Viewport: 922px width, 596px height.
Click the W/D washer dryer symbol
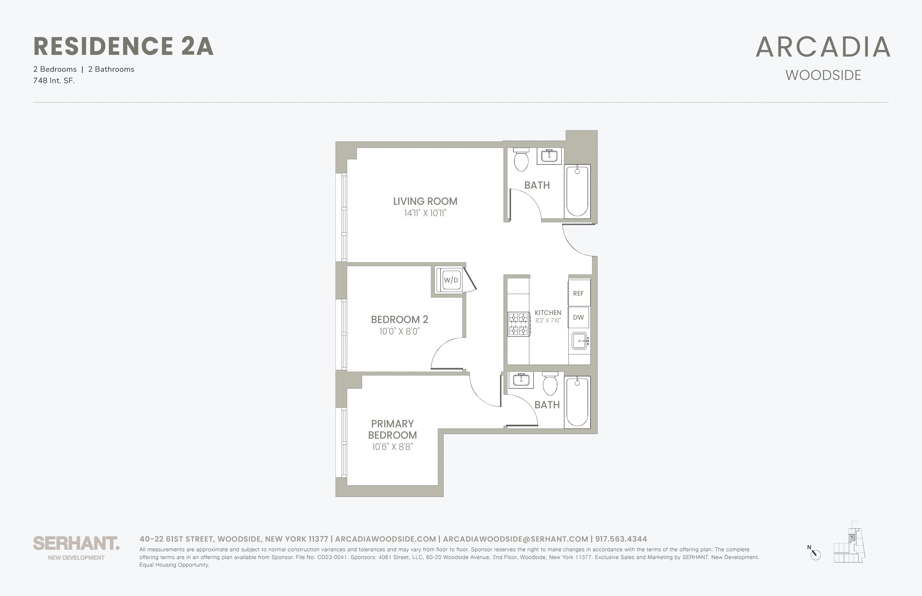point(451,280)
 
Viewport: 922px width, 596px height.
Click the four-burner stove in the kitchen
point(518,324)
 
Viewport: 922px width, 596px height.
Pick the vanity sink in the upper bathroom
point(549,156)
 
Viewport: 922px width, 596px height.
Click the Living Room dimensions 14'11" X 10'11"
point(425,213)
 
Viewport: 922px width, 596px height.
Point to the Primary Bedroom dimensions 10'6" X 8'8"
point(392,447)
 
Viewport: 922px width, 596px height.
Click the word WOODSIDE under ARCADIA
point(823,75)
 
